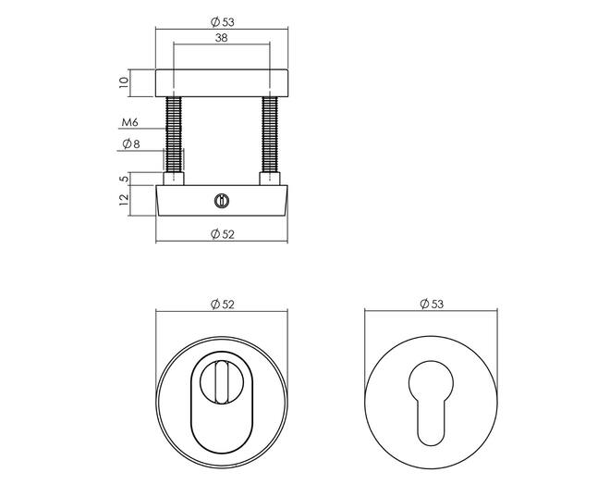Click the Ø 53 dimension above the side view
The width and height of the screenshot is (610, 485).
tap(223, 22)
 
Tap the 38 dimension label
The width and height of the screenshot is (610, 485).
tap(221, 38)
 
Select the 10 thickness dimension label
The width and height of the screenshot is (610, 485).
tap(123, 82)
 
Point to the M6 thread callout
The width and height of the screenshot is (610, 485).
tap(130, 122)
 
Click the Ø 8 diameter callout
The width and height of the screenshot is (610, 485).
tap(130, 144)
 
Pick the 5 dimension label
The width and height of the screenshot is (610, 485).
tap(124, 179)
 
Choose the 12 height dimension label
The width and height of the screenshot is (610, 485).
tap(124, 199)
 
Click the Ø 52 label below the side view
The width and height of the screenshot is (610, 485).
tap(223, 234)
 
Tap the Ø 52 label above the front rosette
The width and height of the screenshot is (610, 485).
tap(223, 305)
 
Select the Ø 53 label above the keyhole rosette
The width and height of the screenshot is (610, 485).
tap(432, 304)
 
